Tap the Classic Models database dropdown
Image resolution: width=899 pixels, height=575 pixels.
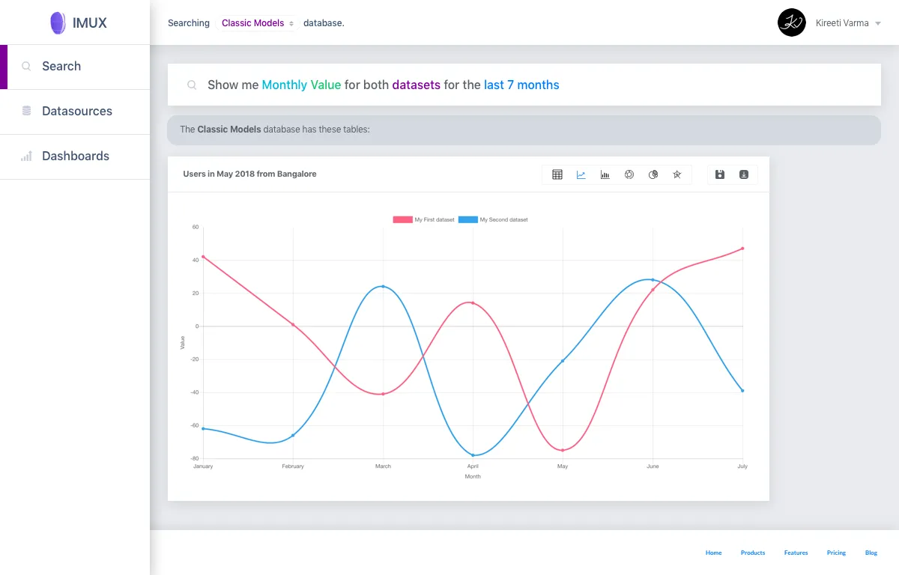point(257,23)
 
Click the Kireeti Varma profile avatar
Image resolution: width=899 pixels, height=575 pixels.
point(791,23)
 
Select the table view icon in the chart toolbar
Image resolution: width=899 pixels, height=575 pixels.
point(557,174)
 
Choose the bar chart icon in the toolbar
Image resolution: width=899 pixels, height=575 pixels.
point(605,174)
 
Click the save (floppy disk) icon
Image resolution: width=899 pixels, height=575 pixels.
point(720,174)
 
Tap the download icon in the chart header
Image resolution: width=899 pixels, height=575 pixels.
point(744,174)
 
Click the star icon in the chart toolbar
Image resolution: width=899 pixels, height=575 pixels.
point(677,174)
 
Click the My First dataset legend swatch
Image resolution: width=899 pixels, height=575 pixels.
point(402,219)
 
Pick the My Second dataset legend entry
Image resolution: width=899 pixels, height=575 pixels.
point(493,219)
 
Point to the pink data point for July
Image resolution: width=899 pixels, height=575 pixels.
point(742,249)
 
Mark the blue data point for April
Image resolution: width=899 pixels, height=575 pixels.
point(473,455)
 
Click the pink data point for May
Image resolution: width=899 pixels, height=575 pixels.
point(563,450)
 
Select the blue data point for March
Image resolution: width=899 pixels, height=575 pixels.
point(384,287)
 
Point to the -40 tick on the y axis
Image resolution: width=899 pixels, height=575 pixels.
point(195,392)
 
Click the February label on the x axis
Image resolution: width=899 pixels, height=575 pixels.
point(293,466)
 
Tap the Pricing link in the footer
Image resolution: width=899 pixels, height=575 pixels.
point(836,553)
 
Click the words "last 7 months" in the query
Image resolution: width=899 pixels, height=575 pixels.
point(521,85)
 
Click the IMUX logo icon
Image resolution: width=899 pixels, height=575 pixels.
point(58,23)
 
